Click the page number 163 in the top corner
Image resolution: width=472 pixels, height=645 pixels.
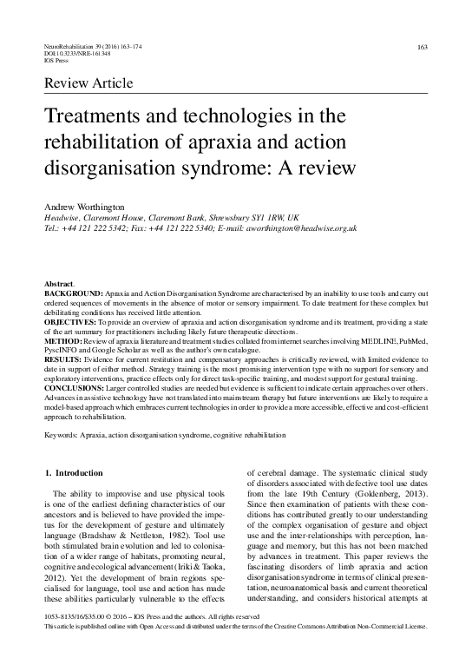click(423, 46)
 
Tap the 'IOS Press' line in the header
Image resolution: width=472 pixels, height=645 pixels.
click(56, 61)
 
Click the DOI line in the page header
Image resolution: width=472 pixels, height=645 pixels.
click(76, 54)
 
